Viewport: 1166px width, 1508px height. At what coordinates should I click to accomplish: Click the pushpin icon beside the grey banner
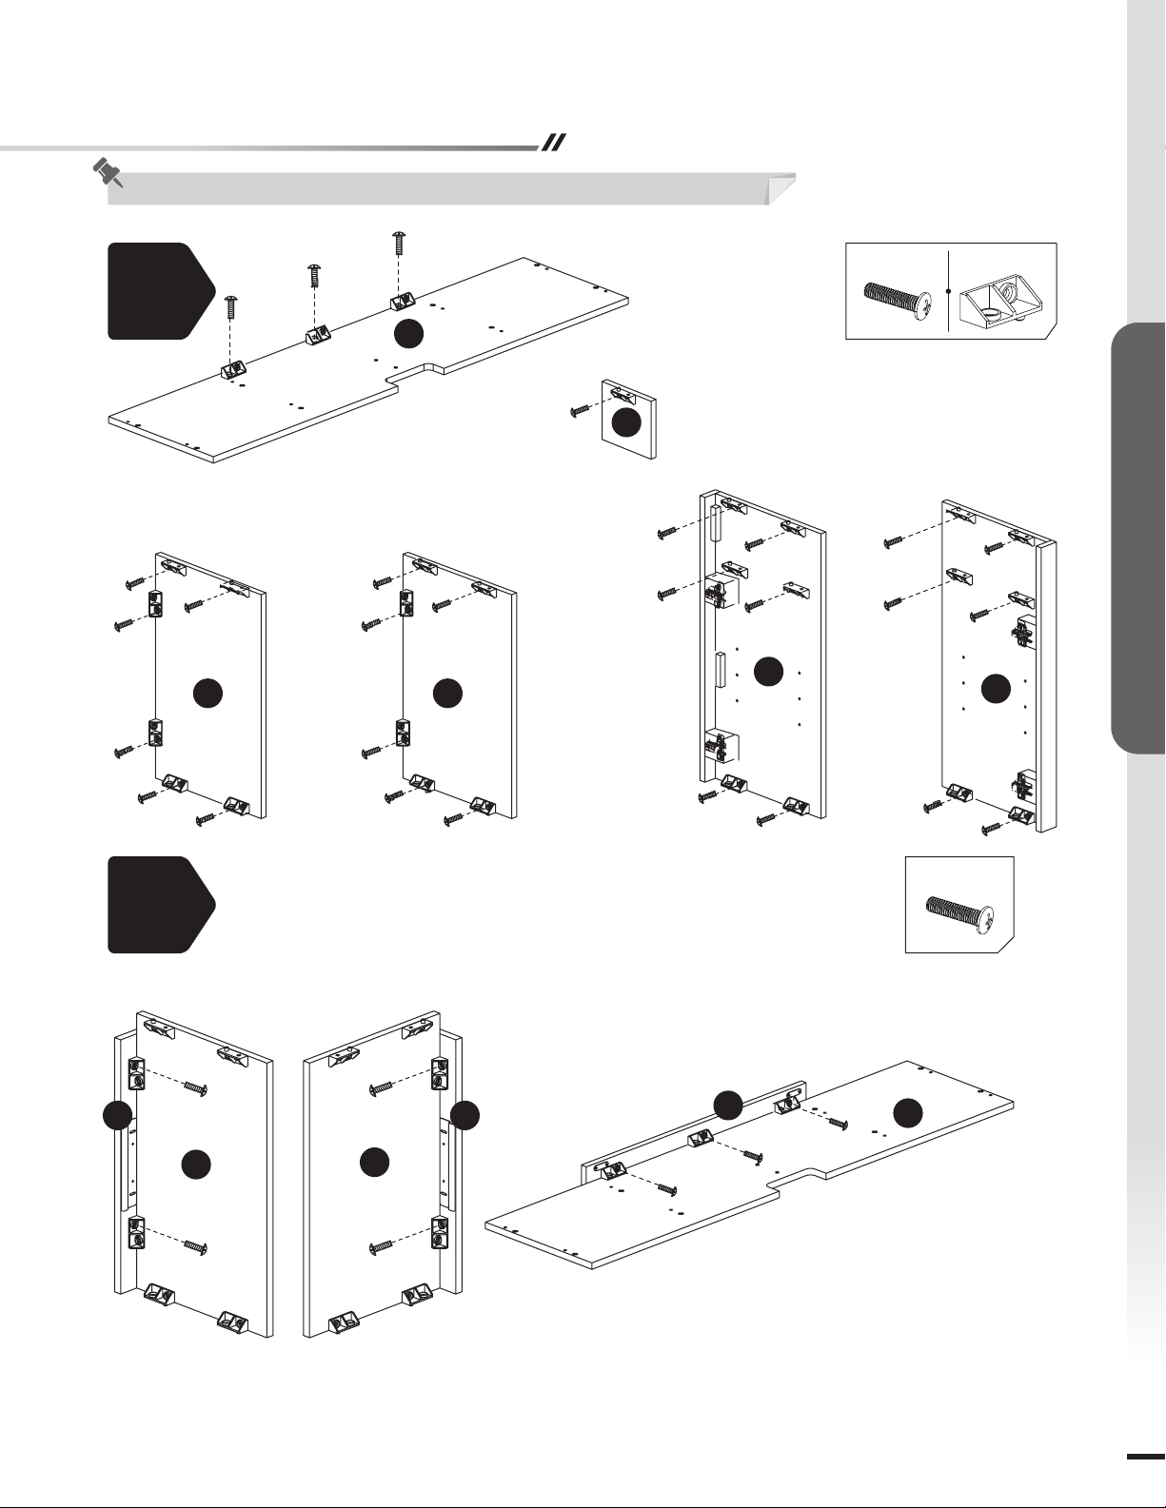(x=108, y=172)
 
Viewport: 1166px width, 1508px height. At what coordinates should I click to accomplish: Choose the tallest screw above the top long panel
(x=399, y=244)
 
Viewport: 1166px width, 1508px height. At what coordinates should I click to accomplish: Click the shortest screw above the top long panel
(x=230, y=309)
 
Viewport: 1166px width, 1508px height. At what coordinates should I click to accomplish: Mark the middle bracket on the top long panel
(x=316, y=336)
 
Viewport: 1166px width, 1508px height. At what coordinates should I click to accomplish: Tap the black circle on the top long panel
(x=408, y=333)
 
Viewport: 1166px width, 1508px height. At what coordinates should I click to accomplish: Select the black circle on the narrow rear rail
(x=728, y=1105)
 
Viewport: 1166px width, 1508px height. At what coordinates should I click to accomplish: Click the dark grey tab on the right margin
(x=1137, y=539)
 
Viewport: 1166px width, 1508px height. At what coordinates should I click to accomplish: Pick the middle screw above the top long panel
(x=314, y=278)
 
